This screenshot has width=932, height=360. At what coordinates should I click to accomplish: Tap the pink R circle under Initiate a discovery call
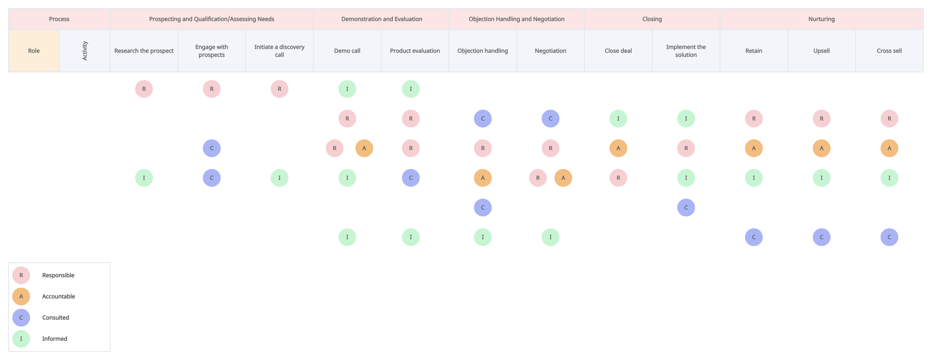[x=279, y=89]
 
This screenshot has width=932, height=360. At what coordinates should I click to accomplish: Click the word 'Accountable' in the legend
[x=59, y=296]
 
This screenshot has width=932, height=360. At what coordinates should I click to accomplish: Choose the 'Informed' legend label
[x=55, y=339]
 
